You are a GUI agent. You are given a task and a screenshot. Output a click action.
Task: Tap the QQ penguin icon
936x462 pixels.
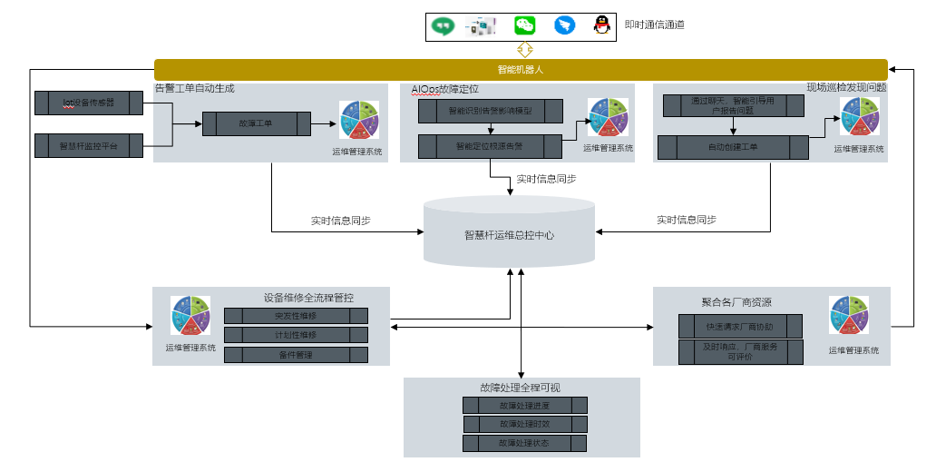point(601,25)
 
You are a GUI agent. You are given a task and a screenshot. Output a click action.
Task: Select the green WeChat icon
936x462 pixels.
point(525,25)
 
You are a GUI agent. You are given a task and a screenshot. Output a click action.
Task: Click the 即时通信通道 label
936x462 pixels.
point(654,25)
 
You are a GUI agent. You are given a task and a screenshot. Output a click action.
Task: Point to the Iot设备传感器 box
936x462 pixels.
point(88,103)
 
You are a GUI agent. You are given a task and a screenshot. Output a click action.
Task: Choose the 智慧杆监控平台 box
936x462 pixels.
point(88,145)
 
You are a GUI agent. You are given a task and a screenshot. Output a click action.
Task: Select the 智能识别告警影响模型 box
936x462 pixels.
point(490,112)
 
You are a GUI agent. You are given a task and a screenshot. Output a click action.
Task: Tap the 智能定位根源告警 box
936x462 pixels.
point(490,145)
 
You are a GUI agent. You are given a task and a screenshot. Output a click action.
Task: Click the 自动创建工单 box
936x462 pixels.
point(732,147)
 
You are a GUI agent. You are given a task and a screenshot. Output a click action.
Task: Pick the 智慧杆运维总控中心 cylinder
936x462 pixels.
point(509,234)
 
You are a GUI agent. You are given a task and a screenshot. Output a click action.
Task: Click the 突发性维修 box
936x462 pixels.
point(296,316)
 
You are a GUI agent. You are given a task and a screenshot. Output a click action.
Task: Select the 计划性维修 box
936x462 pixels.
point(296,335)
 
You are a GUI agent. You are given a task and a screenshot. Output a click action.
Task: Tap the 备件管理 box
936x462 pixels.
point(296,355)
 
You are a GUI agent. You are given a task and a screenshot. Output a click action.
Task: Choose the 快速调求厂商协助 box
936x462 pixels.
point(740,326)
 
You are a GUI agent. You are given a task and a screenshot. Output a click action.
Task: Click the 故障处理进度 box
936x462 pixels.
point(524,406)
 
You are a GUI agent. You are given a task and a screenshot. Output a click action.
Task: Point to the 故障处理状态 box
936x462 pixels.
point(524,444)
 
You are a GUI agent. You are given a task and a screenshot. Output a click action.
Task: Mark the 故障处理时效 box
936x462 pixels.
point(524,425)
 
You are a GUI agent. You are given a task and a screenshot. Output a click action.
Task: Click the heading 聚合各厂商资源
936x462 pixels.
point(736,301)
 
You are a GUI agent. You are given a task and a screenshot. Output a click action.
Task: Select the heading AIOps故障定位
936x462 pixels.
point(444,90)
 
